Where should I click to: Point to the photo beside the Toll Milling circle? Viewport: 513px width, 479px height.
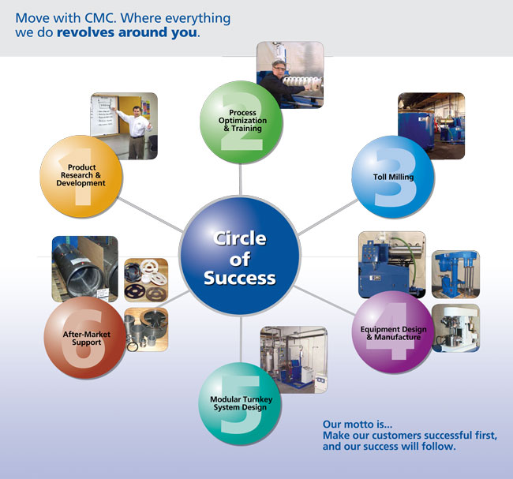point(430,125)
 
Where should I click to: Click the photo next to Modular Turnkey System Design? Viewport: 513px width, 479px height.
point(294,359)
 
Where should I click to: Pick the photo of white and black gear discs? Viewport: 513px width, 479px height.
point(146,281)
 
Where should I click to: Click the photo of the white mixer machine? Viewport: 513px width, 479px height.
point(455,327)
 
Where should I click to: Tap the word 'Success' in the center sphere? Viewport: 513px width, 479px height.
point(240,278)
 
